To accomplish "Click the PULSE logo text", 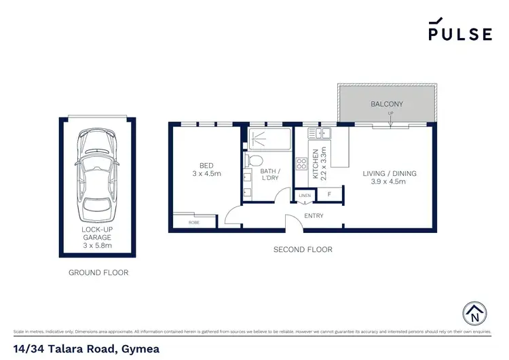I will [x=459, y=34].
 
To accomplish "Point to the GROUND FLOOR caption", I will [x=98, y=272].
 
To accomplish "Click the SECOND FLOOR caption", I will [x=303, y=250].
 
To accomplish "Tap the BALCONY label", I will [x=387, y=104].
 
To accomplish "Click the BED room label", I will [x=206, y=165].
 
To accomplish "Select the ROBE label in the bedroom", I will [x=193, y=222].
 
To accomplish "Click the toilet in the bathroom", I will [x=254, y=160].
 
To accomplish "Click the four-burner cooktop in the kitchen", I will [x=301, y=164].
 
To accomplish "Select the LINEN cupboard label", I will [x=305, y=196].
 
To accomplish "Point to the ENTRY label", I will [x=314, y=216].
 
